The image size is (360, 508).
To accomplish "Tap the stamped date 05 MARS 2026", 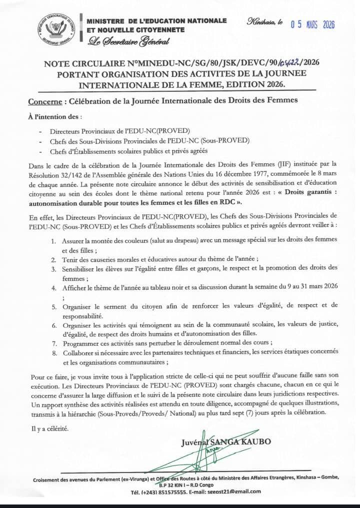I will point(312,25).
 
